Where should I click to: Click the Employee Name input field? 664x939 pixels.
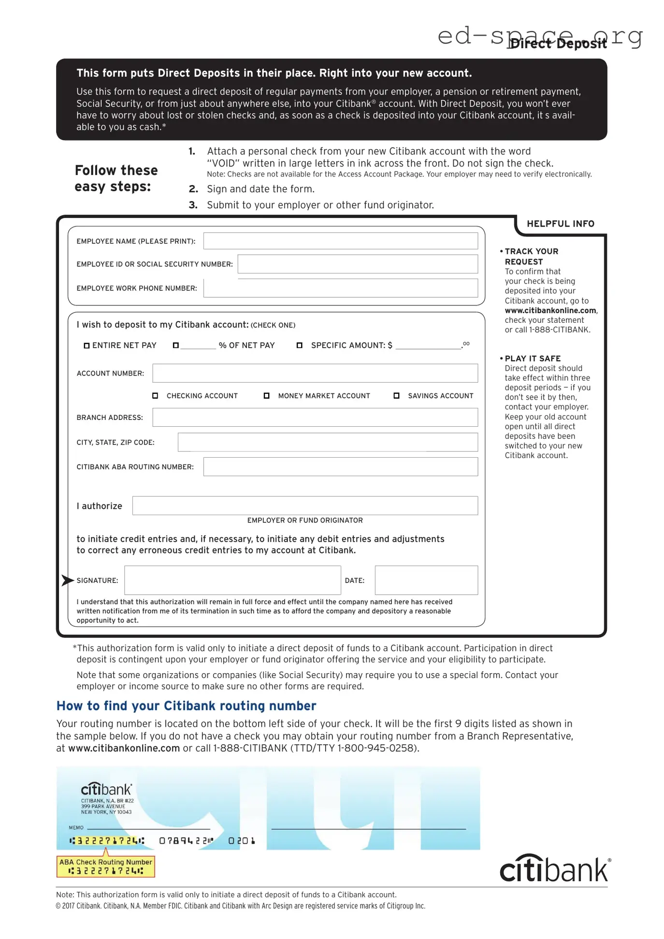click(x=340, y=241)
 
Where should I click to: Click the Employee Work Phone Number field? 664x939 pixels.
click(x=340, y=288)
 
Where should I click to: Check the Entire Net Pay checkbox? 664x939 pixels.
click(x=87, y=346)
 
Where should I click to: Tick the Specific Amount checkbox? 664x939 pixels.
click(x=300, y=346)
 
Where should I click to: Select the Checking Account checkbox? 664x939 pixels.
click(x=155, y=396)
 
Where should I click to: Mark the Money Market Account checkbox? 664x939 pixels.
click(x=266, y=396)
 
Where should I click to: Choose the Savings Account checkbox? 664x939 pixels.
click(x=396, y=396)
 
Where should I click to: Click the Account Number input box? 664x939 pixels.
click(x=315, y=373)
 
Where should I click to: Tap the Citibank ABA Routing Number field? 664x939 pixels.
click(x=340, y=467)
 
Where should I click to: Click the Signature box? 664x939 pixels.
click(x=232, y=580)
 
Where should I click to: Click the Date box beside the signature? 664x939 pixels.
click(x=426, y=580)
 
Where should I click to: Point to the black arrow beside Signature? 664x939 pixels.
click(x=68, y=580)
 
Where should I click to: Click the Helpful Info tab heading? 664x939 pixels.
click(x=560, y=224)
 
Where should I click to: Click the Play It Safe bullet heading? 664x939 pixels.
click(x=532, y=359)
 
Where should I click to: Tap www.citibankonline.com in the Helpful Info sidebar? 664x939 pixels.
click(x=550, y=311)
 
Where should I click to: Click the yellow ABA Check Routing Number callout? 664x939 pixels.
click(x=106, y=867)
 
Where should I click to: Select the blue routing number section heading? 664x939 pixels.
click(x=186, y=706)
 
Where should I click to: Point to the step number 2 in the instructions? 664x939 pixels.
click(x=193, y=189)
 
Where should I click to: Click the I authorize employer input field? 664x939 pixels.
click(x=305, y=506)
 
